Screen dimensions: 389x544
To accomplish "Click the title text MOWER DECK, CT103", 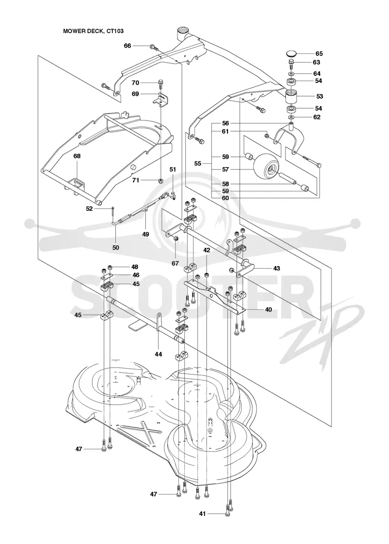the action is tap(93, 31).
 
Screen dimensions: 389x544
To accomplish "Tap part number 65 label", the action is tap(319, 53).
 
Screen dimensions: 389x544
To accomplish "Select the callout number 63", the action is tap(317, 63).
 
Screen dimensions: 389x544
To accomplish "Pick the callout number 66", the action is tap(127, 46).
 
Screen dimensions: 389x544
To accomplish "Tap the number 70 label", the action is tap(135, 83).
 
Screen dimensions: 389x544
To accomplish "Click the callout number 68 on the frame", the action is tap(77, 156).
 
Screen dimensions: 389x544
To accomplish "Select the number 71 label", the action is tap(135, 180).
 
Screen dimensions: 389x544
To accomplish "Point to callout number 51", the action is tap(173, 170).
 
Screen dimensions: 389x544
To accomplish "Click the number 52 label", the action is tap(89, 208).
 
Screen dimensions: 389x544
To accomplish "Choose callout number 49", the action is tap(145, 234).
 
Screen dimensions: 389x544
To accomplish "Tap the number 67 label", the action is tap(175, 264).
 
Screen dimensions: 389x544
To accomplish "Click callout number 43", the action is tap(277, 268).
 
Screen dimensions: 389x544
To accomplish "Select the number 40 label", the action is tap(268, 309).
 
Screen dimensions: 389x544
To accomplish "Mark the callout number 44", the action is tap(158, 354).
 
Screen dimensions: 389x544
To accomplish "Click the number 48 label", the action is tap(134, 267).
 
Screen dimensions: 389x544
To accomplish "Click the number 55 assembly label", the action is tap(197, 163).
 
